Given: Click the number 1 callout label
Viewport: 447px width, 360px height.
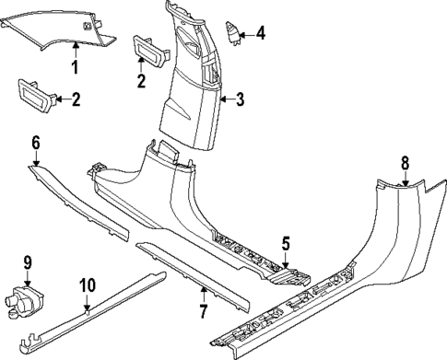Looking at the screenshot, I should pos(76,67).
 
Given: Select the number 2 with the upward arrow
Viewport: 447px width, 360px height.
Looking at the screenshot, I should pos(140,82).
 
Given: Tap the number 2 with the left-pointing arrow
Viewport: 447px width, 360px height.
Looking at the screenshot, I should pos(76,99).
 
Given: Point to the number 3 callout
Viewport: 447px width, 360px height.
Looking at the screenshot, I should pos(240,99).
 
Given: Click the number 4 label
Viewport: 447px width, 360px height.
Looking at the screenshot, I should pos(261,34).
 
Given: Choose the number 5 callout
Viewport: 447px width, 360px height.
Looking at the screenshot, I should pos(286,244).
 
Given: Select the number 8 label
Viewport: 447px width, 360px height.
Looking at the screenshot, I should pos(404,163).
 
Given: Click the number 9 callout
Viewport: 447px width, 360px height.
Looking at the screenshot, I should pos(27,262).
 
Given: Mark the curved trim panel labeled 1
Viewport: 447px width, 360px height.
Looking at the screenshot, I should pos(55,33).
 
